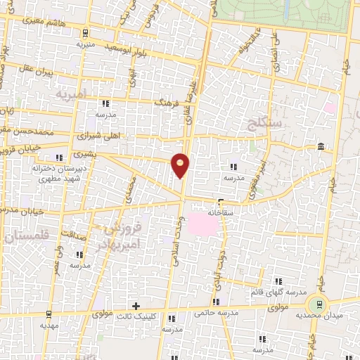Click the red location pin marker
(x=181, y=165)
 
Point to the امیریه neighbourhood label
(x=72, y=93)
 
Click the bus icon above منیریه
(x=86, y=32)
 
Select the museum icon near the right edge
(x=321, y=146)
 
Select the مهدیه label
(x=48, y=326)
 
